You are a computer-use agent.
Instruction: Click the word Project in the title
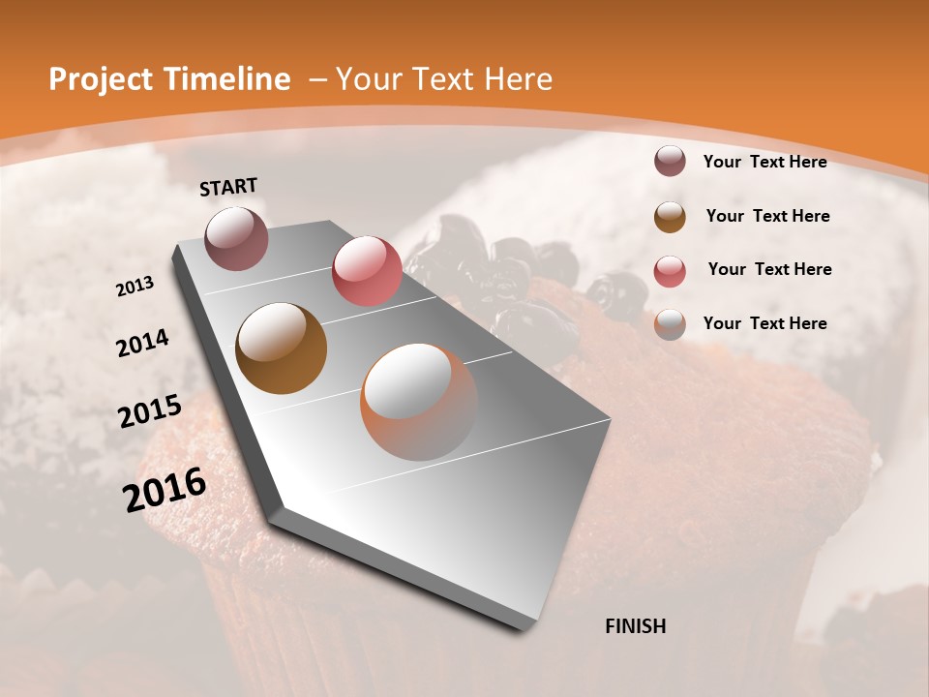[94, 79]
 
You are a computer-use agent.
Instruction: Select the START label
[228, 187]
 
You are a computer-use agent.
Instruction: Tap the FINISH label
[636, 626]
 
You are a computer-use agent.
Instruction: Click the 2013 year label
[135, 286]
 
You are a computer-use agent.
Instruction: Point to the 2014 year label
[142, 343]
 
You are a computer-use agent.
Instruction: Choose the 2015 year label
[150, 411]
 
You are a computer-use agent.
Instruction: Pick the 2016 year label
[165, 490]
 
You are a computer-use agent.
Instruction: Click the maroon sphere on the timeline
[236, 238]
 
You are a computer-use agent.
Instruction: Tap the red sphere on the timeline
[367, 270]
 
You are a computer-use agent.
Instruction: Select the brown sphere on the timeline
[281, 348]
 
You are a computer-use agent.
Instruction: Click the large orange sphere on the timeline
[418, 401]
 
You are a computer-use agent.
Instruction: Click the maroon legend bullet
[670, 162]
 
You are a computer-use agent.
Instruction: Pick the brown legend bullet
[670, 217]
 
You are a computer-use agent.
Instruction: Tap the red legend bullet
[670, 270]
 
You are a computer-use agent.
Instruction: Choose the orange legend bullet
[670, 324]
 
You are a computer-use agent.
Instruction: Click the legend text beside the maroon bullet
[764, 162]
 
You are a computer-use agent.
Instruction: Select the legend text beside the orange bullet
[764, 323]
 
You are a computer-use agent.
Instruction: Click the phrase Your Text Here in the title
[444, 79]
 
